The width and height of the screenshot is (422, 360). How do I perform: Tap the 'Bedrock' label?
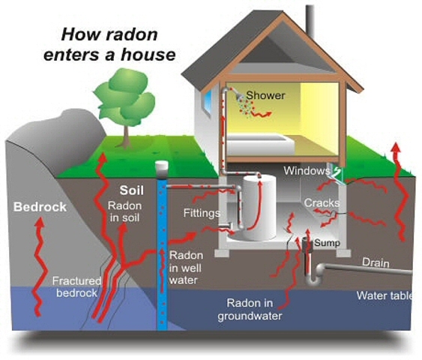(40, 206)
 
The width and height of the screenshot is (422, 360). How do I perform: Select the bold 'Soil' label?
(132, 189)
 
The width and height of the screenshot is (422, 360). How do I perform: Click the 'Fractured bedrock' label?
(76, 286)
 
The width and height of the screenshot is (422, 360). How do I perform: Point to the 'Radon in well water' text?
(186, 268)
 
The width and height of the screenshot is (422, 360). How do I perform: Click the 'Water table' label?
(383, 295)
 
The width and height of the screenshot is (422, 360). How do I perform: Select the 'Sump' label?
(328, 244)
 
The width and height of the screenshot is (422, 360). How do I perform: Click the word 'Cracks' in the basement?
(322, 203)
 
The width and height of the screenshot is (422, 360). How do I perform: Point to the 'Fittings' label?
(201, 213)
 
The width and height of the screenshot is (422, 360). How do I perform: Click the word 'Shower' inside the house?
(265, 95)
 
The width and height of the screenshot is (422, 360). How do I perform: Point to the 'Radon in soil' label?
(124, 211)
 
